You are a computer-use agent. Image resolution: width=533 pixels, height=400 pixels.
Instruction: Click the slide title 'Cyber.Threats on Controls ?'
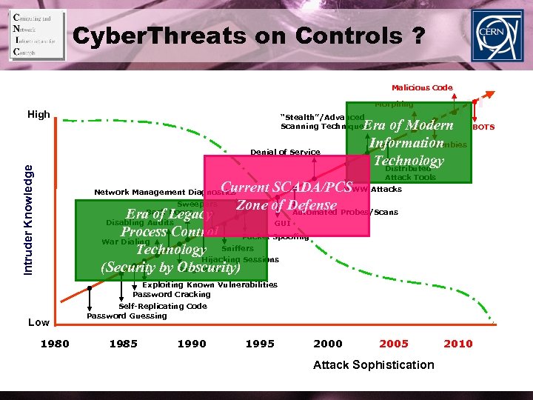click(249, 36)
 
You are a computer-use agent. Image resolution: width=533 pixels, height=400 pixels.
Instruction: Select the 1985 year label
click(123, 344)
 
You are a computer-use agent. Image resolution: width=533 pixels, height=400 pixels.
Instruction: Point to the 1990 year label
click(192, 344)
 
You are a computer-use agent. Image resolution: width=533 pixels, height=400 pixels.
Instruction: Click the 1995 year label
click(260, 344)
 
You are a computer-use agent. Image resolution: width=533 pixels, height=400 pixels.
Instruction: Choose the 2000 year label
click(328, 344)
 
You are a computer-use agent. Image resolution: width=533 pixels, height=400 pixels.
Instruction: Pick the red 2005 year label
click(393, 344)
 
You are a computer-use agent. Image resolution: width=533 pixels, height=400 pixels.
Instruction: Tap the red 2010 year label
click(457, 344)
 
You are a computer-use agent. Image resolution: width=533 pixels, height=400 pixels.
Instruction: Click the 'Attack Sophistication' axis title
click(373, 364)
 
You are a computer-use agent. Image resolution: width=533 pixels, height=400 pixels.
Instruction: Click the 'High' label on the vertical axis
click(38, 115)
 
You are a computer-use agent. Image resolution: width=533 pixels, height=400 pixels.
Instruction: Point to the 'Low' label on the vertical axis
click(38, 322)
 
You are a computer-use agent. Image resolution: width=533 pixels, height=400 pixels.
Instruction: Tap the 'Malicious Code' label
click(422, 87)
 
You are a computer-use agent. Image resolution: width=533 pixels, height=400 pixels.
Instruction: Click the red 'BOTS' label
click(483, 127)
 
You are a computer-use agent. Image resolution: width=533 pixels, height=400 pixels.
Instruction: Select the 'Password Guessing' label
click(127, 316)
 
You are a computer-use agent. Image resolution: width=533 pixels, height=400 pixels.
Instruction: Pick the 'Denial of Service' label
click(285, 153)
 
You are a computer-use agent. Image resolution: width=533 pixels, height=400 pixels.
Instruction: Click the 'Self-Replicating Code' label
click(162, 306)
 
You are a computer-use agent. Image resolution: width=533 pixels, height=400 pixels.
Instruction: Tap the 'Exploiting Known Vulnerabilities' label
click(209, 284)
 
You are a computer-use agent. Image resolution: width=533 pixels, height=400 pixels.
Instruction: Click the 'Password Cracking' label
click(171, 295)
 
